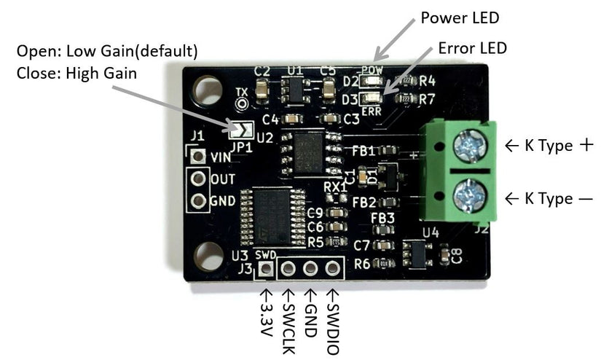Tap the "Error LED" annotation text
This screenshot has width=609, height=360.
point(471,49)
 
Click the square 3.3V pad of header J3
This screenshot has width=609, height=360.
point(267,269)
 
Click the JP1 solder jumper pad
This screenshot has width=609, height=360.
point(240,130)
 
